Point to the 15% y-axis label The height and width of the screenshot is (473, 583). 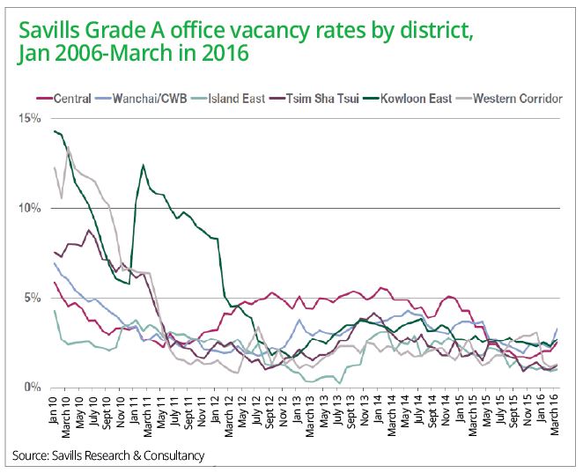[x=30, y=118]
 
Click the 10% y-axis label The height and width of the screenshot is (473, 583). [x=30, y=209]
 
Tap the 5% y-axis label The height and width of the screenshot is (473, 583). [x=33, y=299]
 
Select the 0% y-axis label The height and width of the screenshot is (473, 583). [x=33, y=388]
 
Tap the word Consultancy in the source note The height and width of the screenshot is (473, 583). [x=173, y=455]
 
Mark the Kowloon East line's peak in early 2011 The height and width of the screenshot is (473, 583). [x=143, y=165]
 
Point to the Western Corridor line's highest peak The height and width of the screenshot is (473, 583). [x=69, y=148]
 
